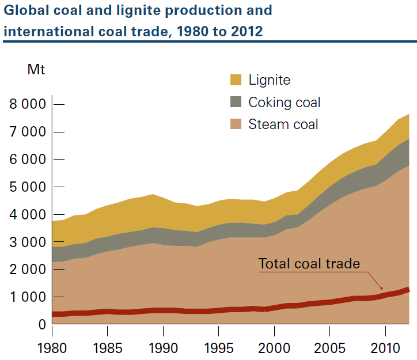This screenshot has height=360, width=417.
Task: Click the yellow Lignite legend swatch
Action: (236, 80)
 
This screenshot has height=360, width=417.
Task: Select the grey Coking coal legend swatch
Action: (236, 102)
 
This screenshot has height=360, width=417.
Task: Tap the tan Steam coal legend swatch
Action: (236, 124)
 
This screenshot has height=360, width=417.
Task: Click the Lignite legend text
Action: (270, 80)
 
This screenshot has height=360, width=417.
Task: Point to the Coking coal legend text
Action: (285, 103)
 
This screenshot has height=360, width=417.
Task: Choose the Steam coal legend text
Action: (283, 124)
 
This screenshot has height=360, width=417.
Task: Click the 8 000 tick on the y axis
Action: (28, 105)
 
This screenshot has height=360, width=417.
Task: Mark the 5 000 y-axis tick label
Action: (28, 187)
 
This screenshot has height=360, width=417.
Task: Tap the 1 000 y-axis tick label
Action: (28, 297)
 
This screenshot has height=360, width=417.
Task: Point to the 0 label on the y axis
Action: (41, 325)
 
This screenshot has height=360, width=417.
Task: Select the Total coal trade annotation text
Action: (309, 264)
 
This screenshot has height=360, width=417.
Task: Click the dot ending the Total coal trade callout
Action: (381, 287)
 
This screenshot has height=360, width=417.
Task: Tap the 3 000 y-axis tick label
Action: (28, 242)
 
